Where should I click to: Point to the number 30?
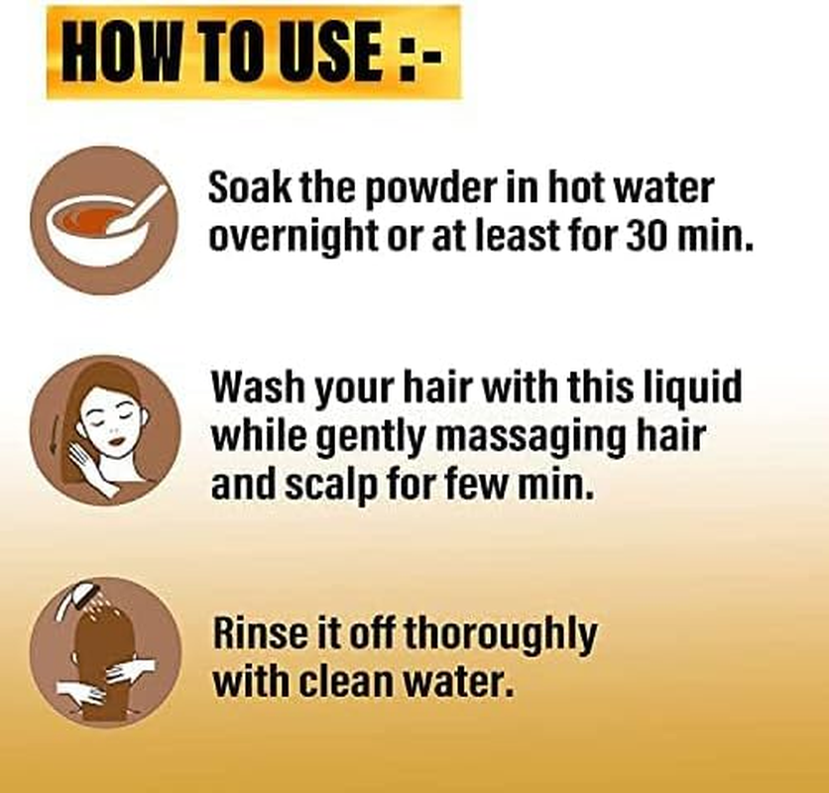(x=644, y=235)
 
